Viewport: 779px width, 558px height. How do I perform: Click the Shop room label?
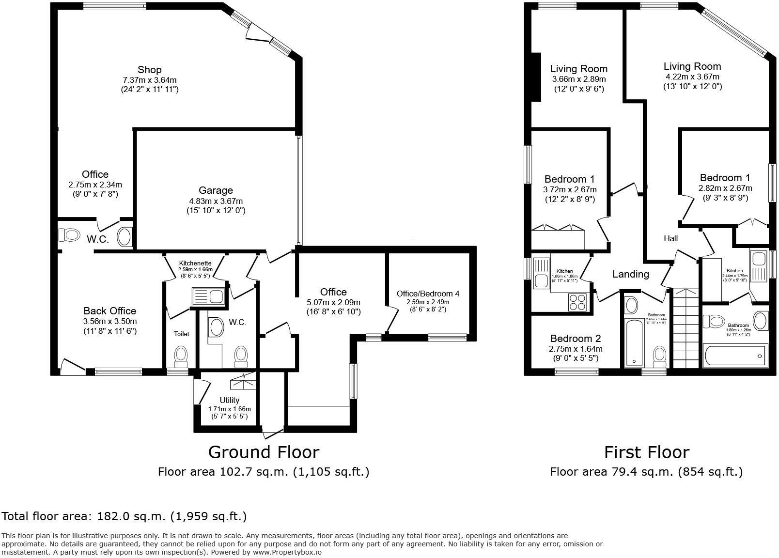149,70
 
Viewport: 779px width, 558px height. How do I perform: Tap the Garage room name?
216,190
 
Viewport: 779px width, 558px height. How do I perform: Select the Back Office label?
109,311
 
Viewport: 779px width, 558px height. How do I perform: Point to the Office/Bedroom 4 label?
428,294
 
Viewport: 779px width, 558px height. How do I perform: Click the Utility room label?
229,400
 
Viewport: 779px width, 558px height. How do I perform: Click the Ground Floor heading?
264,452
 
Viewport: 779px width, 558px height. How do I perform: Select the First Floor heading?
646,452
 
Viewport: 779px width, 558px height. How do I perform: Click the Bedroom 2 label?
576,339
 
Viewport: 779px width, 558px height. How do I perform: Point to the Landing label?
630,274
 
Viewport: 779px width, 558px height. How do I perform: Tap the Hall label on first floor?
670,238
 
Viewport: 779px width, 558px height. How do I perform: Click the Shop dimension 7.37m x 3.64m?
149,80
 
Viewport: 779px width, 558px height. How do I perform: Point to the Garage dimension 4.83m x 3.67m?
216,201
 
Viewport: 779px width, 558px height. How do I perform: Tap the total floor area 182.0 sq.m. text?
124,516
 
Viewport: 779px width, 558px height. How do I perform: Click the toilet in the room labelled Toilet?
181,356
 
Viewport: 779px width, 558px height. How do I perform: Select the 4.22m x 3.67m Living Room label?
692,66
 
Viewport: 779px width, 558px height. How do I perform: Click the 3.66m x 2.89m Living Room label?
578,69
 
